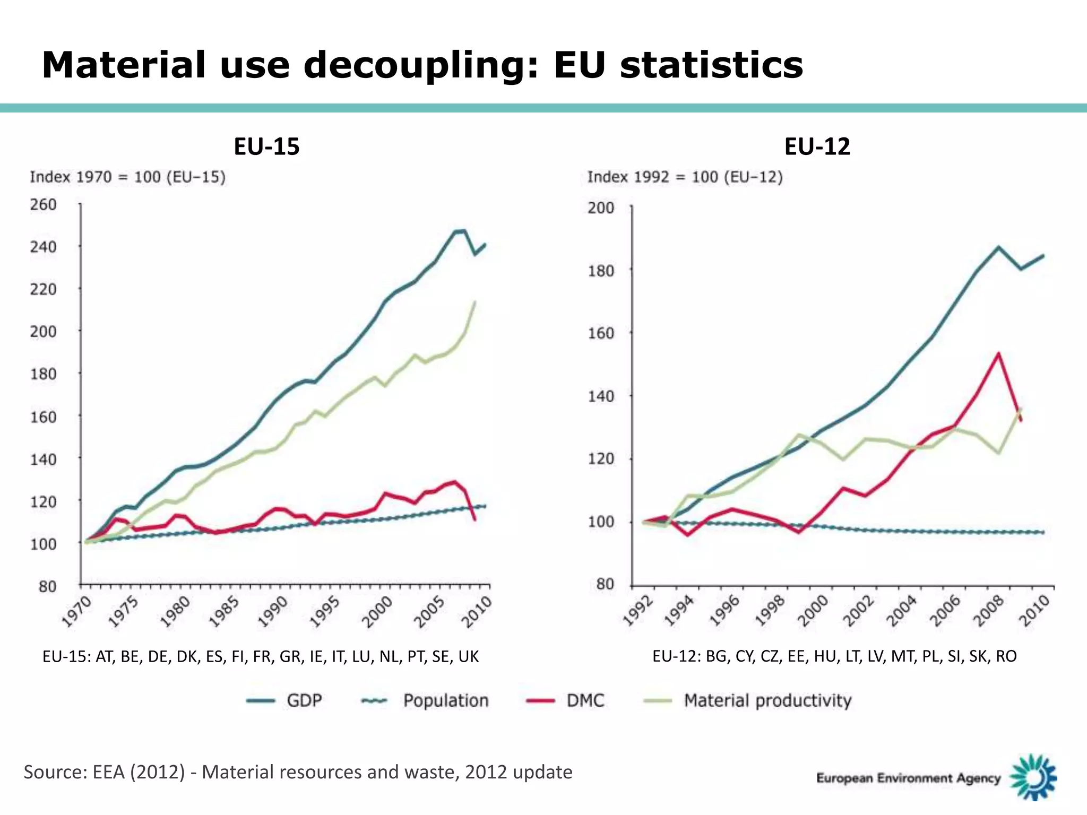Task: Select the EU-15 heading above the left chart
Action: click(x=266, y=146)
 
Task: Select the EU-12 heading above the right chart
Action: click(x=817, y=146)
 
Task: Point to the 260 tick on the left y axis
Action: click(x=43, y=204)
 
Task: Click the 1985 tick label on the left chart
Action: click(x=225, y=612)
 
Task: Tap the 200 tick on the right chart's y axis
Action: click(x=601, y=208)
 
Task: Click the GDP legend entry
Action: click(x=304, y=700)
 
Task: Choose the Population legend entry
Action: click(x=445, y=700)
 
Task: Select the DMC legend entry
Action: click(x=585, y=700)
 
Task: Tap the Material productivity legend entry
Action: click(x=767, y=700)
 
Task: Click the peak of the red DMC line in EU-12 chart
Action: click(x=998, y=353)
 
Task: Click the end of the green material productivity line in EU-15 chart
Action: click(x=475, y=302)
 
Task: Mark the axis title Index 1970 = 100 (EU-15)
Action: click(x=127, y=177)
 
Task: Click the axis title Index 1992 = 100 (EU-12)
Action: click(x=685, y=177)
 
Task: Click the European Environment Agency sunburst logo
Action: click(x=1033, y=777)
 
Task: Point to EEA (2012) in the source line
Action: click(x=139, y=772)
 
